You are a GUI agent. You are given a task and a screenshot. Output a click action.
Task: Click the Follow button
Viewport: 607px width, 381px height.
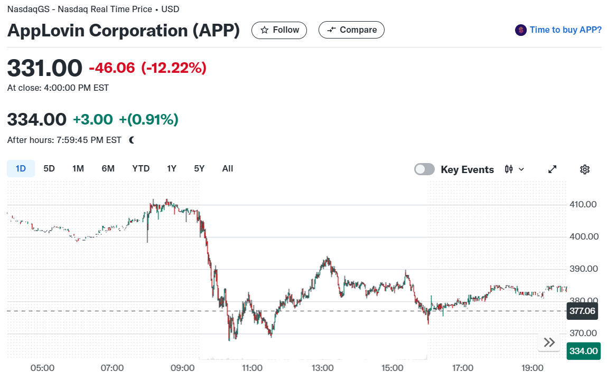[x=279, y=30]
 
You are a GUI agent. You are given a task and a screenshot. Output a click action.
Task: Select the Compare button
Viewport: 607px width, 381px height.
[x=351, y=30]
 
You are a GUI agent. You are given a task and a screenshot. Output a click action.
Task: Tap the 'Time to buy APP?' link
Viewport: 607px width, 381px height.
[x=566, y=30]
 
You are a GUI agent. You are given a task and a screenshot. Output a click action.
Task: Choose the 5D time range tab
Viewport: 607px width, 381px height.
[x=49, y=169]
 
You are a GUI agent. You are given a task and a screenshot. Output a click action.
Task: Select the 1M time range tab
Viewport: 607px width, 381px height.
[x=78, y=169]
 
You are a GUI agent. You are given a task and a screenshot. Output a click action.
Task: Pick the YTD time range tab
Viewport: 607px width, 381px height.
[x=141, y=169]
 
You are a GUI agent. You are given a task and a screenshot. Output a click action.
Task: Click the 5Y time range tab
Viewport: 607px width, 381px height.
[x=199, y=169]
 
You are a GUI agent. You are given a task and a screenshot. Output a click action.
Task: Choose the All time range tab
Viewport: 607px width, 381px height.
[x=228, y=169]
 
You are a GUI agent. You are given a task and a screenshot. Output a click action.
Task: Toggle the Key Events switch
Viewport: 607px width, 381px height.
[x=424, y=169]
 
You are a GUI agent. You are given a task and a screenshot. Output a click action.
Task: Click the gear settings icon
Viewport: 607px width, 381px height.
[x=584, y=169]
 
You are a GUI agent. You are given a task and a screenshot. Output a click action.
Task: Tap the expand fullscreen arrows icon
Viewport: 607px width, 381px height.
[x=553, y=169]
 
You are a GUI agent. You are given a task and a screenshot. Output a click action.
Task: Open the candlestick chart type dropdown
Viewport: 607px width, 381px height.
[x=515, y=169]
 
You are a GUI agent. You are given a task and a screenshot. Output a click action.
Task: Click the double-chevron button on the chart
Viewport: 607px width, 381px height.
[x=549, y=342]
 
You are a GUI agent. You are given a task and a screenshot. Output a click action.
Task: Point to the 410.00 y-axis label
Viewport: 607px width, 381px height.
[x=583, y=204]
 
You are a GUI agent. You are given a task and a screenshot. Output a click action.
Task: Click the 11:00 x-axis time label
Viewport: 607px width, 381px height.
[x=253, y=368]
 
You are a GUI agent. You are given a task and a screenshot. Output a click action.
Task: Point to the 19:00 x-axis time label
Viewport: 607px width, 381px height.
[x=533, y=368]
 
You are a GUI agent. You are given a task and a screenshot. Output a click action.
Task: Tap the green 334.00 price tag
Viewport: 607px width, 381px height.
[x=583, y=351]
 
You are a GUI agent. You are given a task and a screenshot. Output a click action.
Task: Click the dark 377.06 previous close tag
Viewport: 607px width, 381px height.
[x=582, y=311]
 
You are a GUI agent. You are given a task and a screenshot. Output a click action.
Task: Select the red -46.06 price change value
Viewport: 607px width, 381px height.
[x=112, y=68]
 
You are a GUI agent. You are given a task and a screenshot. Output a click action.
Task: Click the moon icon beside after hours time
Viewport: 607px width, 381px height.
[x=132, y=140]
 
